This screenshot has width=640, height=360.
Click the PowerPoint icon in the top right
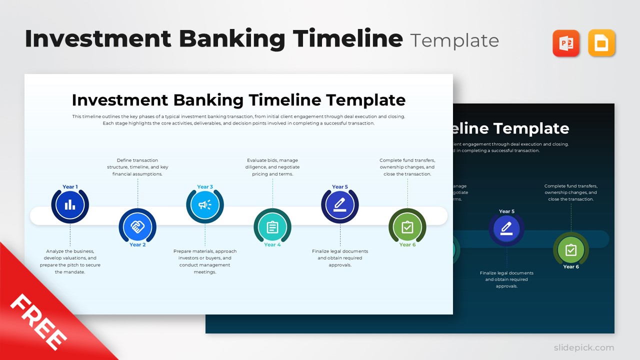click(x=565, y=43)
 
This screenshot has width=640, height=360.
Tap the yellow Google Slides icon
click(x=601, y=43)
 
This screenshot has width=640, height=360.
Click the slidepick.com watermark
click(x=583, y=347)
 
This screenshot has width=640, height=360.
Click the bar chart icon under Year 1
click(x=70, y=204)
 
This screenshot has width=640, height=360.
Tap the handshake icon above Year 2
click(x=137, y=226)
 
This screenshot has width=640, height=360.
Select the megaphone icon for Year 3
click(x=205, y=204)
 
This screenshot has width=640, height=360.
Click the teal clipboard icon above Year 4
click(x=272, y=227)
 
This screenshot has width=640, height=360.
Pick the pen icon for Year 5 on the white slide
click(x=340, y=204)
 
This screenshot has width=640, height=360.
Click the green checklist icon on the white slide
click(x=407, y=227)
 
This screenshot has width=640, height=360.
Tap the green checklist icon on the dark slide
click(x=571, y=250)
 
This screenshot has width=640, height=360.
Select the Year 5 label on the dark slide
click(x=506, y=211)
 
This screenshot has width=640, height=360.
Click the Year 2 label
click(x=137, y=245)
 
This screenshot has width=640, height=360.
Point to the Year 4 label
click(x=272, y=245)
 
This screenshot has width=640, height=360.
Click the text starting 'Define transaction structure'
click(x=137, y=167)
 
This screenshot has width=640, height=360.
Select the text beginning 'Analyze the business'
click(x=70, y=261)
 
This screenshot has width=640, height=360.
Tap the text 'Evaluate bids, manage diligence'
click(x=272, y=167)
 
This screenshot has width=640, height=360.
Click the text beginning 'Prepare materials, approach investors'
click(x=205, y=261)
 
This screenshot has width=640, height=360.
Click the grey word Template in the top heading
click(x=454, y=40)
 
